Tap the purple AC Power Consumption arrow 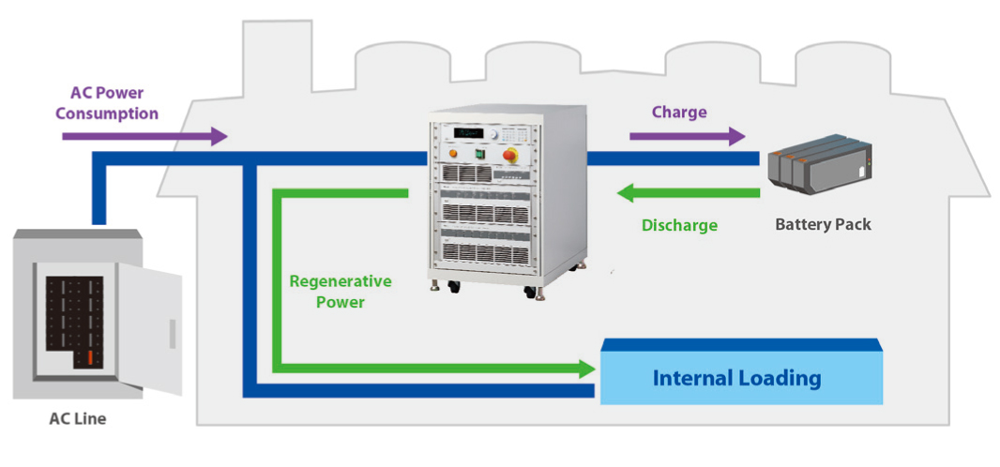(x=144, y=136)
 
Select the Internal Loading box (x=741, y=378)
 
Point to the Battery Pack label (x=823, y=225)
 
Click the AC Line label (x=78, y=419)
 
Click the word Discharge (x=679, y=225)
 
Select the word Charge (x=679, y=113)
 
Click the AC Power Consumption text (x=107, y=103)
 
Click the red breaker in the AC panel (x=89, y=357)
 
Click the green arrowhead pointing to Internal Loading (x=587, y=368)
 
